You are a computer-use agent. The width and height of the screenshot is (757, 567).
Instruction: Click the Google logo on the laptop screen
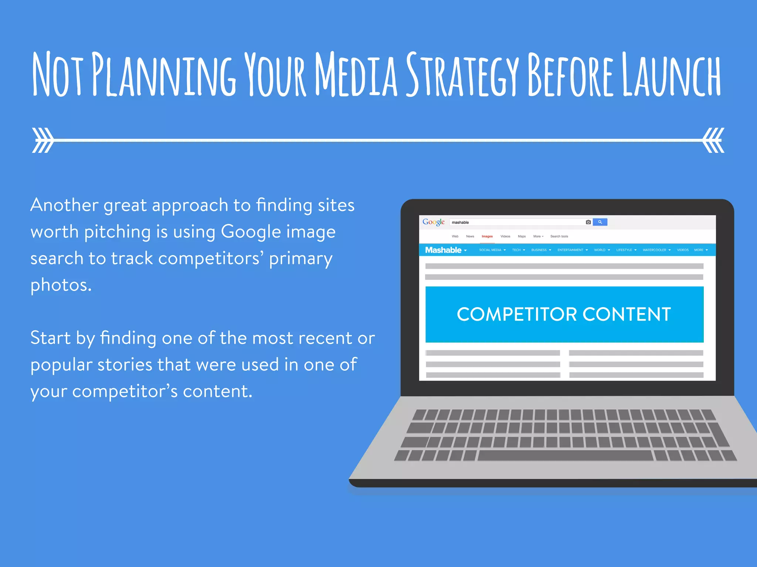click(x=433, y=222)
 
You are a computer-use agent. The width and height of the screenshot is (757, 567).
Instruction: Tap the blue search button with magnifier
click(x=600, y=222)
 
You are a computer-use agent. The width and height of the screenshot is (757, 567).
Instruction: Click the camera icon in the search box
click(x=588, y=222)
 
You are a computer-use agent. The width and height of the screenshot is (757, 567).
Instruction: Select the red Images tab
click(x=487, y=236)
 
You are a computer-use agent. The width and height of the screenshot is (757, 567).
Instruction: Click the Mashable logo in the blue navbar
click(x=443, y=250)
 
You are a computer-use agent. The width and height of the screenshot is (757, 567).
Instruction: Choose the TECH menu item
click(x=516, y=250)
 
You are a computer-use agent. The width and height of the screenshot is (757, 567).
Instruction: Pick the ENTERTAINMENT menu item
click(x=570, y=250)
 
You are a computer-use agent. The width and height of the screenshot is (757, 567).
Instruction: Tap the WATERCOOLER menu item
click(x=654, y=250)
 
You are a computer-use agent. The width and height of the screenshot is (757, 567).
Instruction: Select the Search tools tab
click(x=559, y=236)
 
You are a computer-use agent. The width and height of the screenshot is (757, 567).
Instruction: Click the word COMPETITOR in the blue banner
click(x=517, y=315)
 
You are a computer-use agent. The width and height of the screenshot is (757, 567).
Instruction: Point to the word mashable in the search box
click(x=460, y=222)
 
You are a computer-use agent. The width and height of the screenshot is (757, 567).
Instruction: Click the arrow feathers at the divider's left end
click(x=42, y=140)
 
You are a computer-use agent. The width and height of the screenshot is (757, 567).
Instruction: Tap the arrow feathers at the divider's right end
click(x=714, y=140)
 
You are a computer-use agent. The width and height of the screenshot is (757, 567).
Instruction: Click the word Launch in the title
click(x=671, y=74)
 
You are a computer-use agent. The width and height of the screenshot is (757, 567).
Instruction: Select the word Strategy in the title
click(x=462, y=74)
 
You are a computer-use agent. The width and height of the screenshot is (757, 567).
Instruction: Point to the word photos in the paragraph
click(x=61, y=285)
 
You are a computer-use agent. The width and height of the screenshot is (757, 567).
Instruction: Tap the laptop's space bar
click(x=565, y=455)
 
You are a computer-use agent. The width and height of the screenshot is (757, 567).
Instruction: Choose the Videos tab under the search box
click(x=505, y=236)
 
